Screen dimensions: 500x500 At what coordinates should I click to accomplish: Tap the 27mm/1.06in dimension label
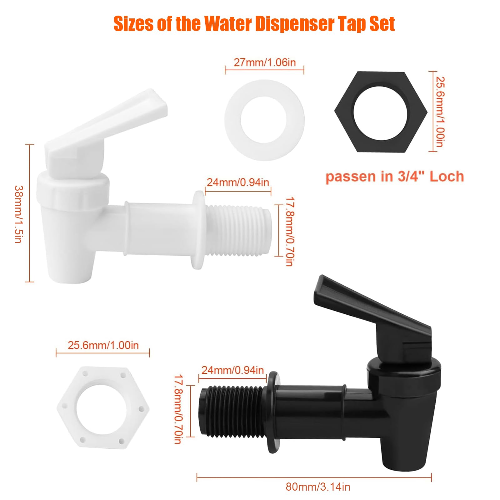click(x=264, y=62)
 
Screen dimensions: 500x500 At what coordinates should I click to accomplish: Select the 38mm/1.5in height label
click(x=18, y=214)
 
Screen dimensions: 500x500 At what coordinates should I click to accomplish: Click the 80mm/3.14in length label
click(x=318, y=487)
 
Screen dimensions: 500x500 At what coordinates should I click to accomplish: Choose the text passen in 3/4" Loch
click(x=394, y=177)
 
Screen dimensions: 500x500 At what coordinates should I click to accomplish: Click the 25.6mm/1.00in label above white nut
click(x=103, y=345)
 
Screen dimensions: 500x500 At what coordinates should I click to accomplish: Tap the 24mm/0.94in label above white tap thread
click(x=238, y=182)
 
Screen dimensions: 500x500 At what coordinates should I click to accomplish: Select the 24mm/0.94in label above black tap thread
click(x=232, y=370)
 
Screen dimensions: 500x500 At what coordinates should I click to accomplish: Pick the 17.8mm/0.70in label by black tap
click(x=178, y=409)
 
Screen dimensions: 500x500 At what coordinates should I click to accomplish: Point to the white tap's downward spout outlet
click(x=70, y=275)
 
